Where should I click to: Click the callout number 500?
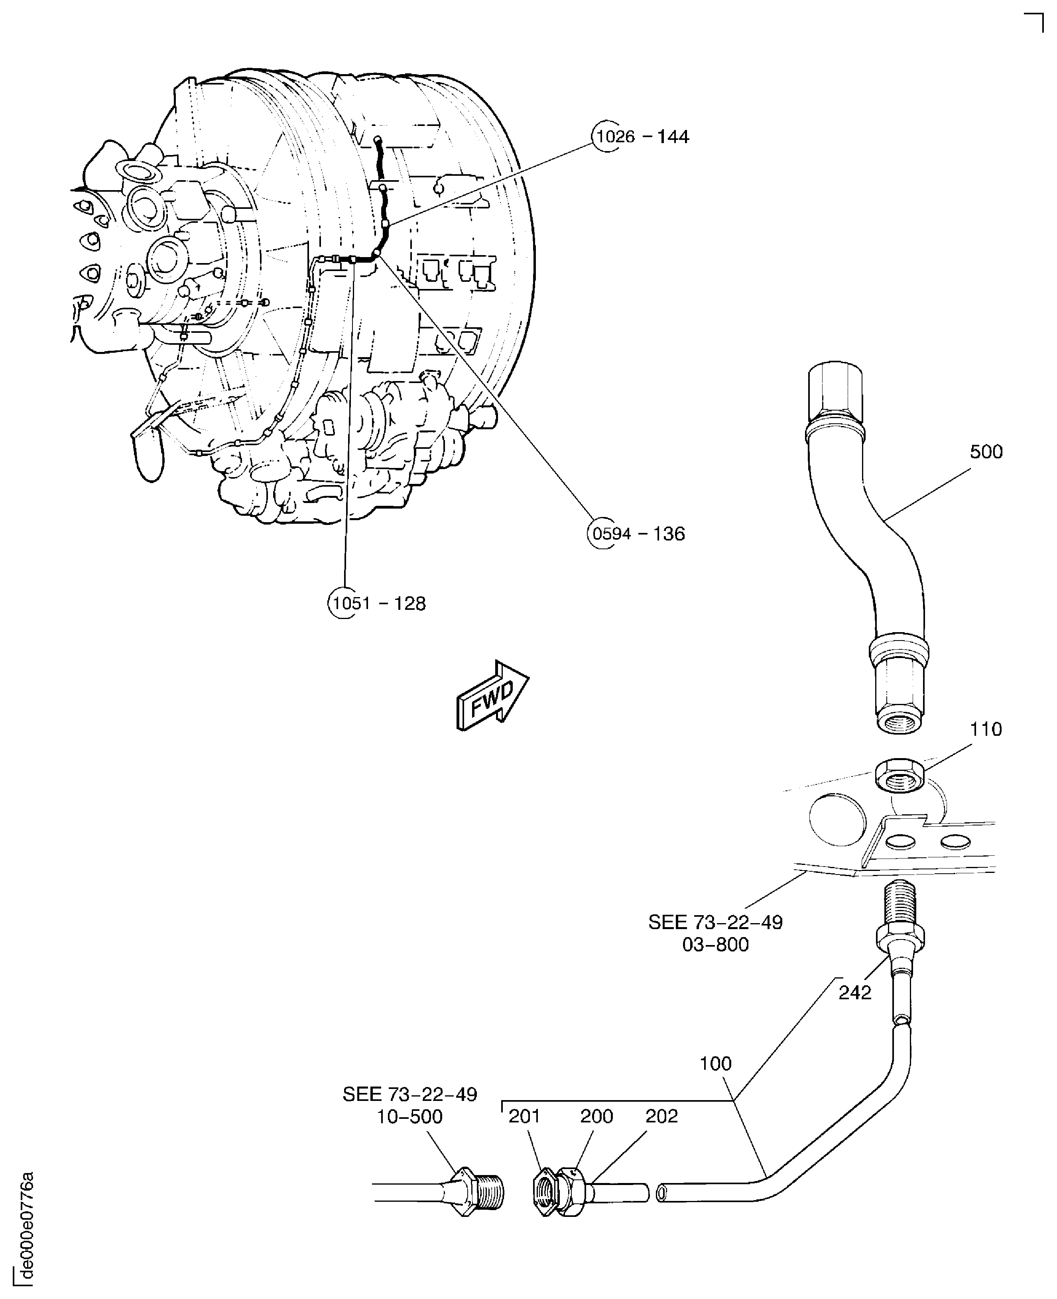pyautogui.click(x=986, y=452)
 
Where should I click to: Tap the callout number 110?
pyautogui.click(x=986, y=729)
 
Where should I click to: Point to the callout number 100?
pyautogui.click(x=715, y=1063)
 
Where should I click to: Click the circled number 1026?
pyautogui.click(x=616, y=136)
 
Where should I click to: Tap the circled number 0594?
pyautogui.click(x=611, y=534)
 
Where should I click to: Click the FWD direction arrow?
pyautogui.click(x=492, y=696)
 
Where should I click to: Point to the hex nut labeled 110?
pyautogui.click(x=900, y=776)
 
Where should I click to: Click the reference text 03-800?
pyautogui.click(x=715, y=945)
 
